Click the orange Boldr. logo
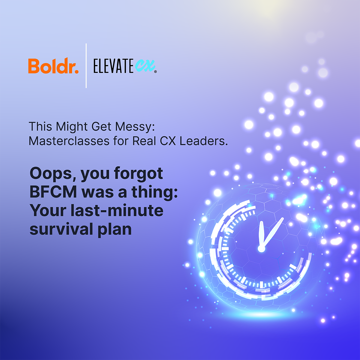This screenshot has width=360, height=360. [53, 66]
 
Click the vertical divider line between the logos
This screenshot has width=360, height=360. [86, 66]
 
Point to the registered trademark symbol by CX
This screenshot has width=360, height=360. [155, 72]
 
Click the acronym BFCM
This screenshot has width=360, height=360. [53, 192]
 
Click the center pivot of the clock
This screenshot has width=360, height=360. [261, 249]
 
